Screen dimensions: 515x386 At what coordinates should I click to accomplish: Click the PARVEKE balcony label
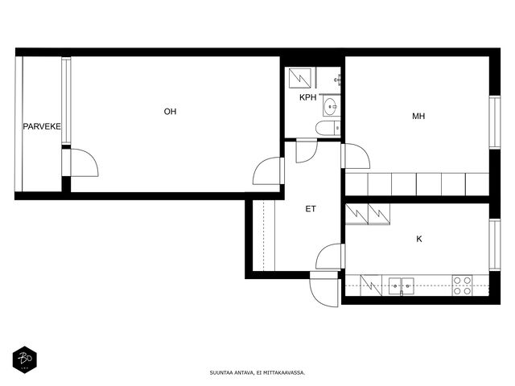[42, 126]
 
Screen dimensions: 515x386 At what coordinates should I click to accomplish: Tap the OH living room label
[170, 112]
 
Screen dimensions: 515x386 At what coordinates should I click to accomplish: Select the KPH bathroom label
[307, 97]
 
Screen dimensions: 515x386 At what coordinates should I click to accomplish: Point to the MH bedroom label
[418, 116]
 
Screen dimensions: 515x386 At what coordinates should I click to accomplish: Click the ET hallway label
[311, 209]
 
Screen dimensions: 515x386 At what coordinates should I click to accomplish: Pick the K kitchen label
[419, 239]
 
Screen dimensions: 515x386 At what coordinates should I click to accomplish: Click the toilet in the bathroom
[328, 128]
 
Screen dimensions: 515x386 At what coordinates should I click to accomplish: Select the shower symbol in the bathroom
[300, 78]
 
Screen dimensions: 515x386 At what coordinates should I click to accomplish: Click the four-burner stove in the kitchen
[463, 285]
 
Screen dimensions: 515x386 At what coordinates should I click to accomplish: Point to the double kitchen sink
[401, 286]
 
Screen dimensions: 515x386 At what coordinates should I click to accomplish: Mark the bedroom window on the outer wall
[495, 122]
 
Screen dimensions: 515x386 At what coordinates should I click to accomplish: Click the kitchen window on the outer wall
[495, 244]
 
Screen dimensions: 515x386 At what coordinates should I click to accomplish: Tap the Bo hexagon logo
[25, 359]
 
